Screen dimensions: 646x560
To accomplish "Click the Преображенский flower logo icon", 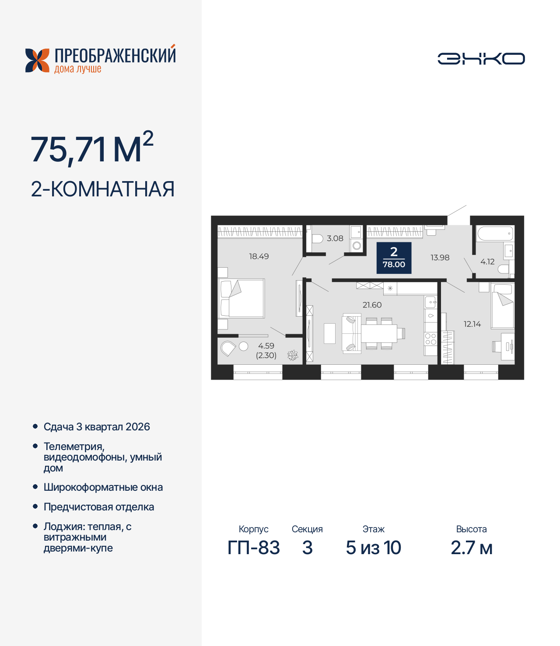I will click(x=37, y=60).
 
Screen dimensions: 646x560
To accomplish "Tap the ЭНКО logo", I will click(x=481, y=59).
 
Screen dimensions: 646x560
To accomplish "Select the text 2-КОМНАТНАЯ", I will click(x=103, y=189).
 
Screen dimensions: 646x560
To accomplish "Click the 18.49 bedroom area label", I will click(x=259, y=256).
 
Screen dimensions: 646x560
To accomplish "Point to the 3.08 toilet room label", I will click(x=335, y=238).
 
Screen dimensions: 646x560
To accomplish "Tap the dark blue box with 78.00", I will click(x=394, y=258).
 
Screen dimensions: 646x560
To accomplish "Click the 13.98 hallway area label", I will click(x=440, y=258).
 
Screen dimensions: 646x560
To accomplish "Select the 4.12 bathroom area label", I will click(x=487, y=262).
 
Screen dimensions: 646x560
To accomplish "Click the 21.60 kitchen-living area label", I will click(x=372, y=305).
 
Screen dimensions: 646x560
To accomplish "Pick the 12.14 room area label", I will click(x=472, y=324).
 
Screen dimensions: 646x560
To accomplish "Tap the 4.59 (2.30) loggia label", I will click(x=266, y=350).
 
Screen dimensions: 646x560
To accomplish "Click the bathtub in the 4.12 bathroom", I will click(x=495, y=234).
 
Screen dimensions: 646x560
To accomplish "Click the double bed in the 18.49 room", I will click(x=241, y=298).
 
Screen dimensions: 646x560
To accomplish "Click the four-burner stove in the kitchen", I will click(x=430, y=339).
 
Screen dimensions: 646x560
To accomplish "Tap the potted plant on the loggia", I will click(x=293, y=355).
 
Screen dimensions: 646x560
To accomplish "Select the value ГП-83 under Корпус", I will click(x=253, y=548).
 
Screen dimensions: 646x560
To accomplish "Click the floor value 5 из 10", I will click(x=373, y=548).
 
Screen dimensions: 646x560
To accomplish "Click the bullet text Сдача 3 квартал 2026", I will click(x=97, y=427).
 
